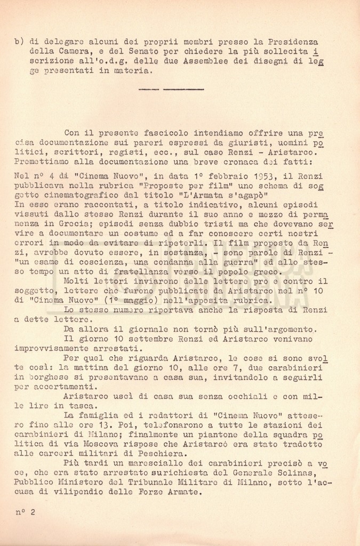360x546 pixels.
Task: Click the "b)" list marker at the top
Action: (20, 42)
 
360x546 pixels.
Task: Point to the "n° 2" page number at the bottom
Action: (25, 512)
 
